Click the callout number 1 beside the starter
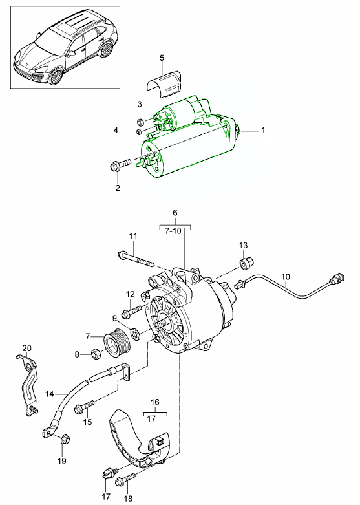click(x=263, y=130)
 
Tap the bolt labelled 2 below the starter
click(x=120, y=166)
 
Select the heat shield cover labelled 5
click(x=164, y=84)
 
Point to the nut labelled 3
click(x=140, y=122)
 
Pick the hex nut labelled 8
click(x=95, y=354)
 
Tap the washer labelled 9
click(x=135, y=334)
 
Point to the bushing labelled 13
click(x=247, y=263)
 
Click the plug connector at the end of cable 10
click(x=337, y=277)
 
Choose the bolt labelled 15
click(x=84, y=407)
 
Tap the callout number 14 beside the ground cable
click(x=50, y=394)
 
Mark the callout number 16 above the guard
click(x=155, y=402)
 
